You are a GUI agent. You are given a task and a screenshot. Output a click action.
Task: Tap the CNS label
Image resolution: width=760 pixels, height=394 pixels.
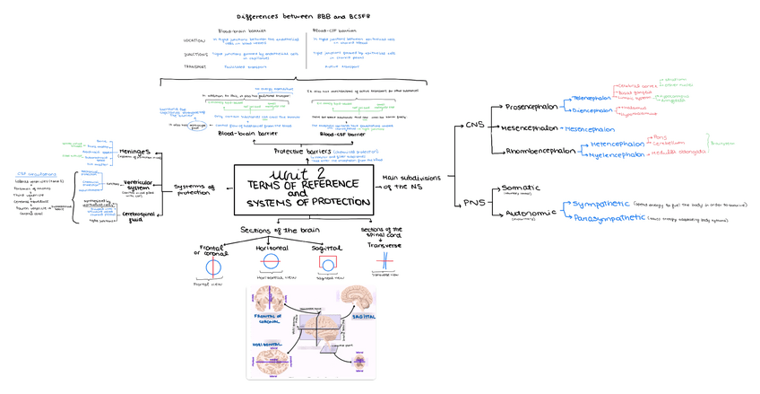click(476, 126)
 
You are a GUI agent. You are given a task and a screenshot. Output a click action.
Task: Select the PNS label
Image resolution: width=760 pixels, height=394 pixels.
click(475, 202)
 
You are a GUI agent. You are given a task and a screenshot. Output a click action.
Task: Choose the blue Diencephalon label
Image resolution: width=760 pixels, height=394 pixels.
click(592, 111)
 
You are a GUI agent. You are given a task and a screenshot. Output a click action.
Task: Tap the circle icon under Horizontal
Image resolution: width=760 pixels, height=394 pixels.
click(271, 263)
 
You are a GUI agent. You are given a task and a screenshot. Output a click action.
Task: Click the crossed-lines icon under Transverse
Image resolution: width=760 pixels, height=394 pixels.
click(383, 263)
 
